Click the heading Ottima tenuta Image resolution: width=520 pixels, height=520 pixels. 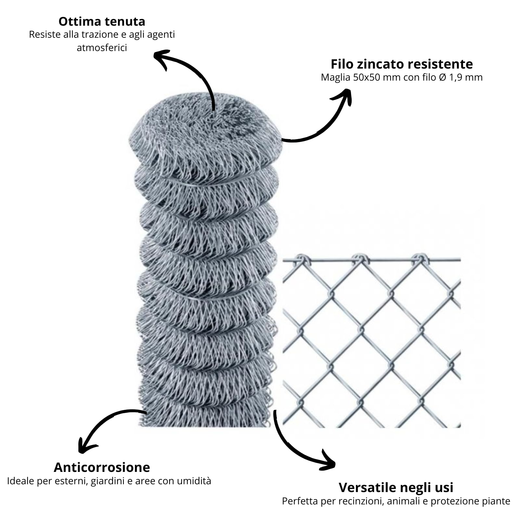pos(102,21)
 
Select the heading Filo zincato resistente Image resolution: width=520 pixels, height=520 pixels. pos(402,64)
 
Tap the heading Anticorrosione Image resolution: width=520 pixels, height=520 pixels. pos(102,467)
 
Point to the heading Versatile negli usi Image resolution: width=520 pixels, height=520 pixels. pos(396,487)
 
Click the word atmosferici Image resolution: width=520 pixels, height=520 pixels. pos(102,48)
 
